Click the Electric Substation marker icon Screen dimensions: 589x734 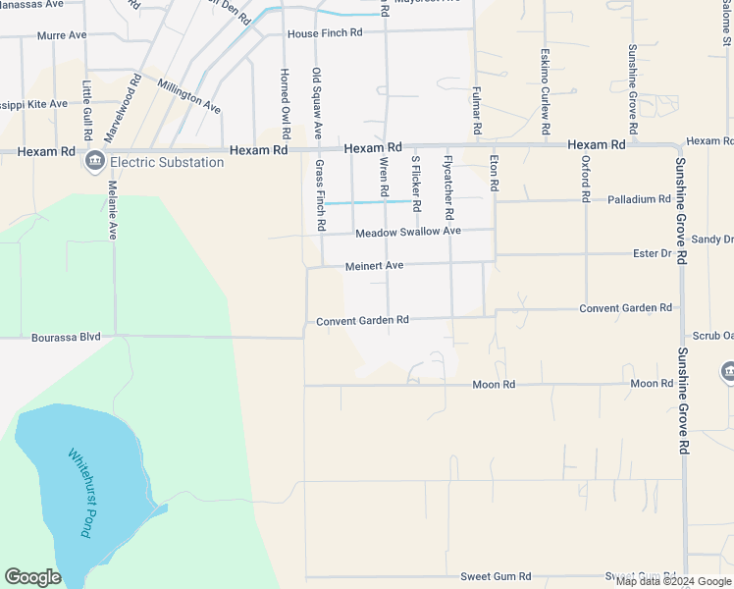tap(95, 162)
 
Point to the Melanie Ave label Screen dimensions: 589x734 tap(113, 209)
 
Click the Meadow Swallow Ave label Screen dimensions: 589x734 tap(407, 232)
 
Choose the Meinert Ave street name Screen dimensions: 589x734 tap(374, 266)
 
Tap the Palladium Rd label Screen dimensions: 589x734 tap(638, 199)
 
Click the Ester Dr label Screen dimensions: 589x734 tap(652, 253)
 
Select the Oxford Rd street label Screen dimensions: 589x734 tap(585, 178)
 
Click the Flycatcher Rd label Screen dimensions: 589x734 tap(448, 187)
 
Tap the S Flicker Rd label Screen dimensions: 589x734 tap(415, 178)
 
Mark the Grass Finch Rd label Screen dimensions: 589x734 tap(320, 195)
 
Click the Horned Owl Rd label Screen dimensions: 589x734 tap(285, 103)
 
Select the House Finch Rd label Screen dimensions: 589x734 tap(325, 33)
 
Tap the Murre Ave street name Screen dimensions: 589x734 tap(62, 35)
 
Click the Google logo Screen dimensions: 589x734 tap(32, 577)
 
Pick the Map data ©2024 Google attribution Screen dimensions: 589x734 tap(673, 581)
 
